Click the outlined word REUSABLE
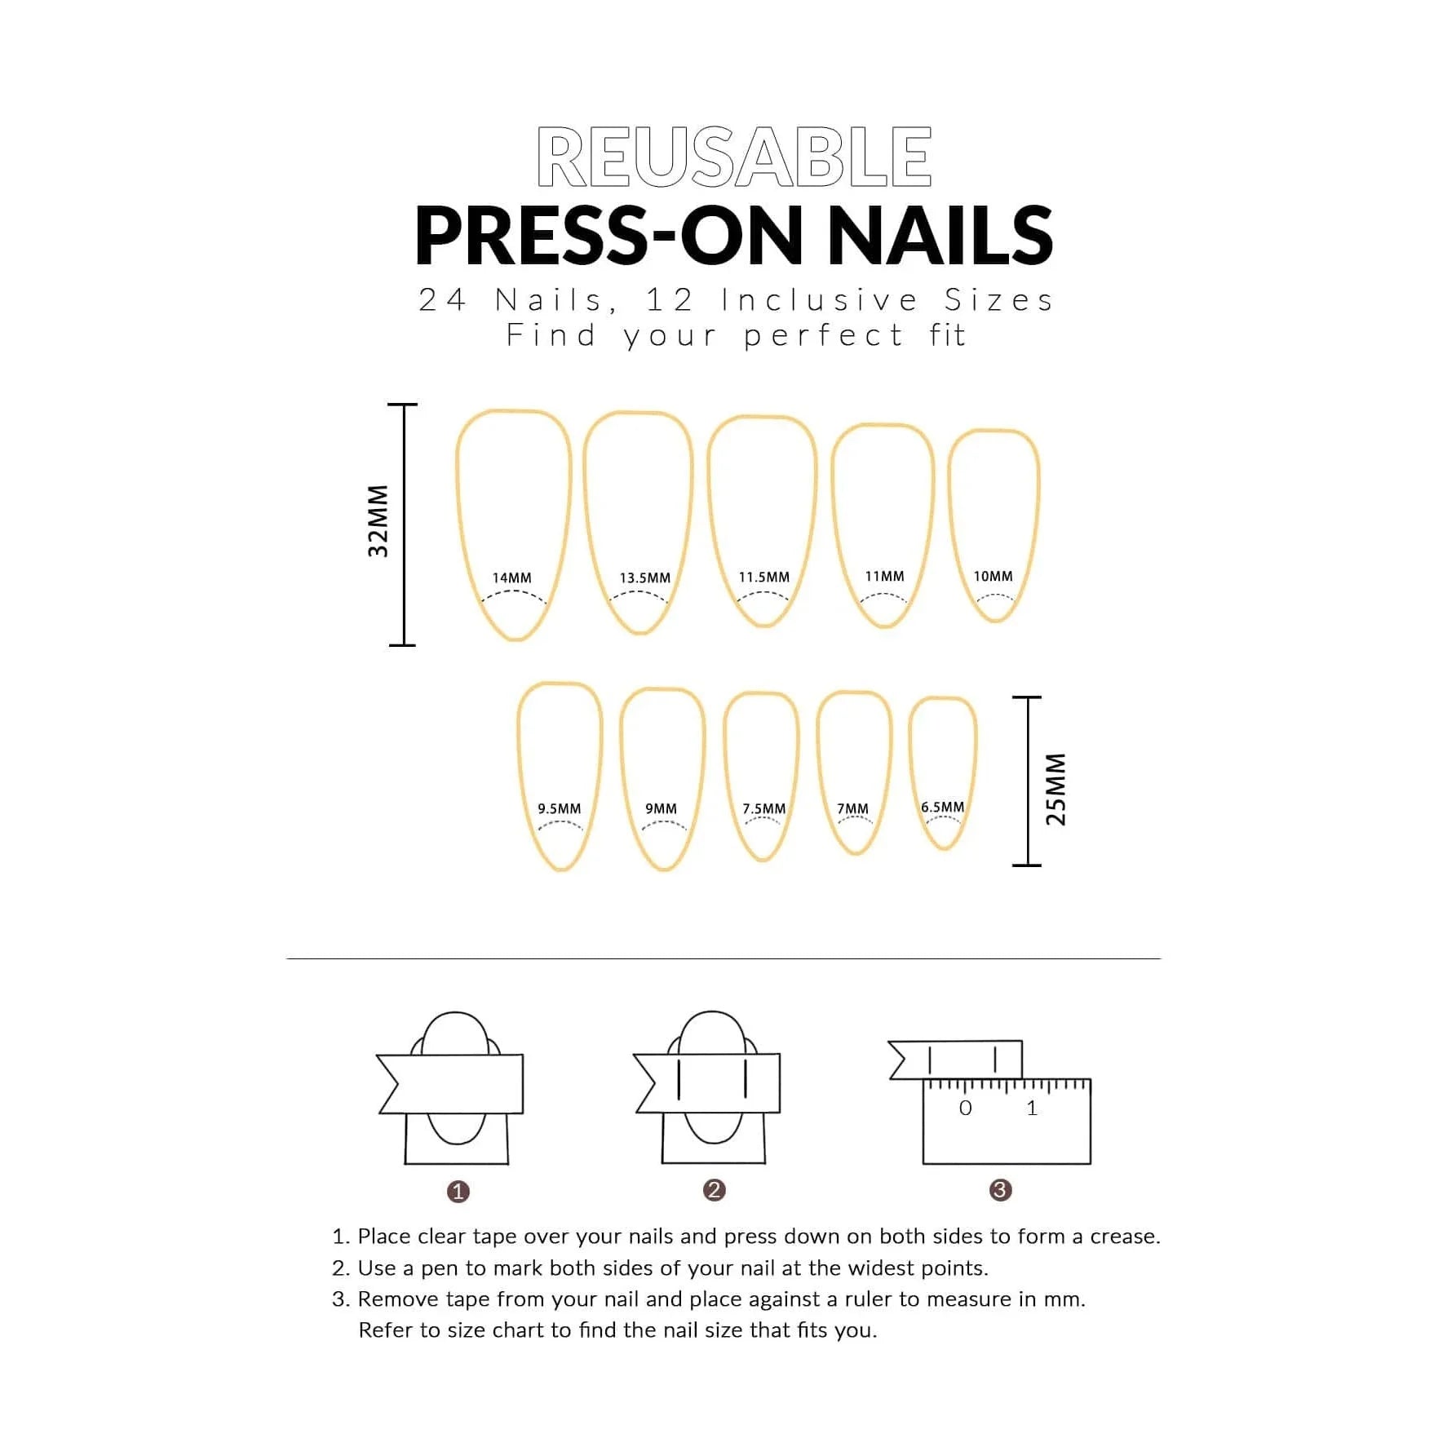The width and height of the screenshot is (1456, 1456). click(734, 157)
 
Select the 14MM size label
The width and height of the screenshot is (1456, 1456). click(511, 578)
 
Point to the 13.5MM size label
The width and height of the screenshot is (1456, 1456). click(644, 578)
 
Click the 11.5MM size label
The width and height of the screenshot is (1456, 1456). click(764, 577)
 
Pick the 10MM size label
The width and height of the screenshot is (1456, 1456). click(993, 576)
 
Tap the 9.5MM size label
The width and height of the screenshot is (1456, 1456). click(559, 808)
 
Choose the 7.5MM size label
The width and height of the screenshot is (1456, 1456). click(763, 808)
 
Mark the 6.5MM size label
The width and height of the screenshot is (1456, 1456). click(942, 807)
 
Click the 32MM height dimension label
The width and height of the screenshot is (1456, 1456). click(378, 521)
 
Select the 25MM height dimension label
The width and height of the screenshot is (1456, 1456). click(1055, 789)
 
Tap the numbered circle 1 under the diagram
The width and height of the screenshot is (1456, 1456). click(458, 1192)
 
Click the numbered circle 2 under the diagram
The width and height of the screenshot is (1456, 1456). click(714, 1190)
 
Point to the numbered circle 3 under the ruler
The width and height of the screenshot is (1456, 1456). click(1000, 1190)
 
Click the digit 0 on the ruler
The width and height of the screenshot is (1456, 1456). click(965, 1108)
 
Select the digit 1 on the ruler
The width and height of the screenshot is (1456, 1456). click(1032, 1108)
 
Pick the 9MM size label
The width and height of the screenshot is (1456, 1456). click(661, 808)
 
